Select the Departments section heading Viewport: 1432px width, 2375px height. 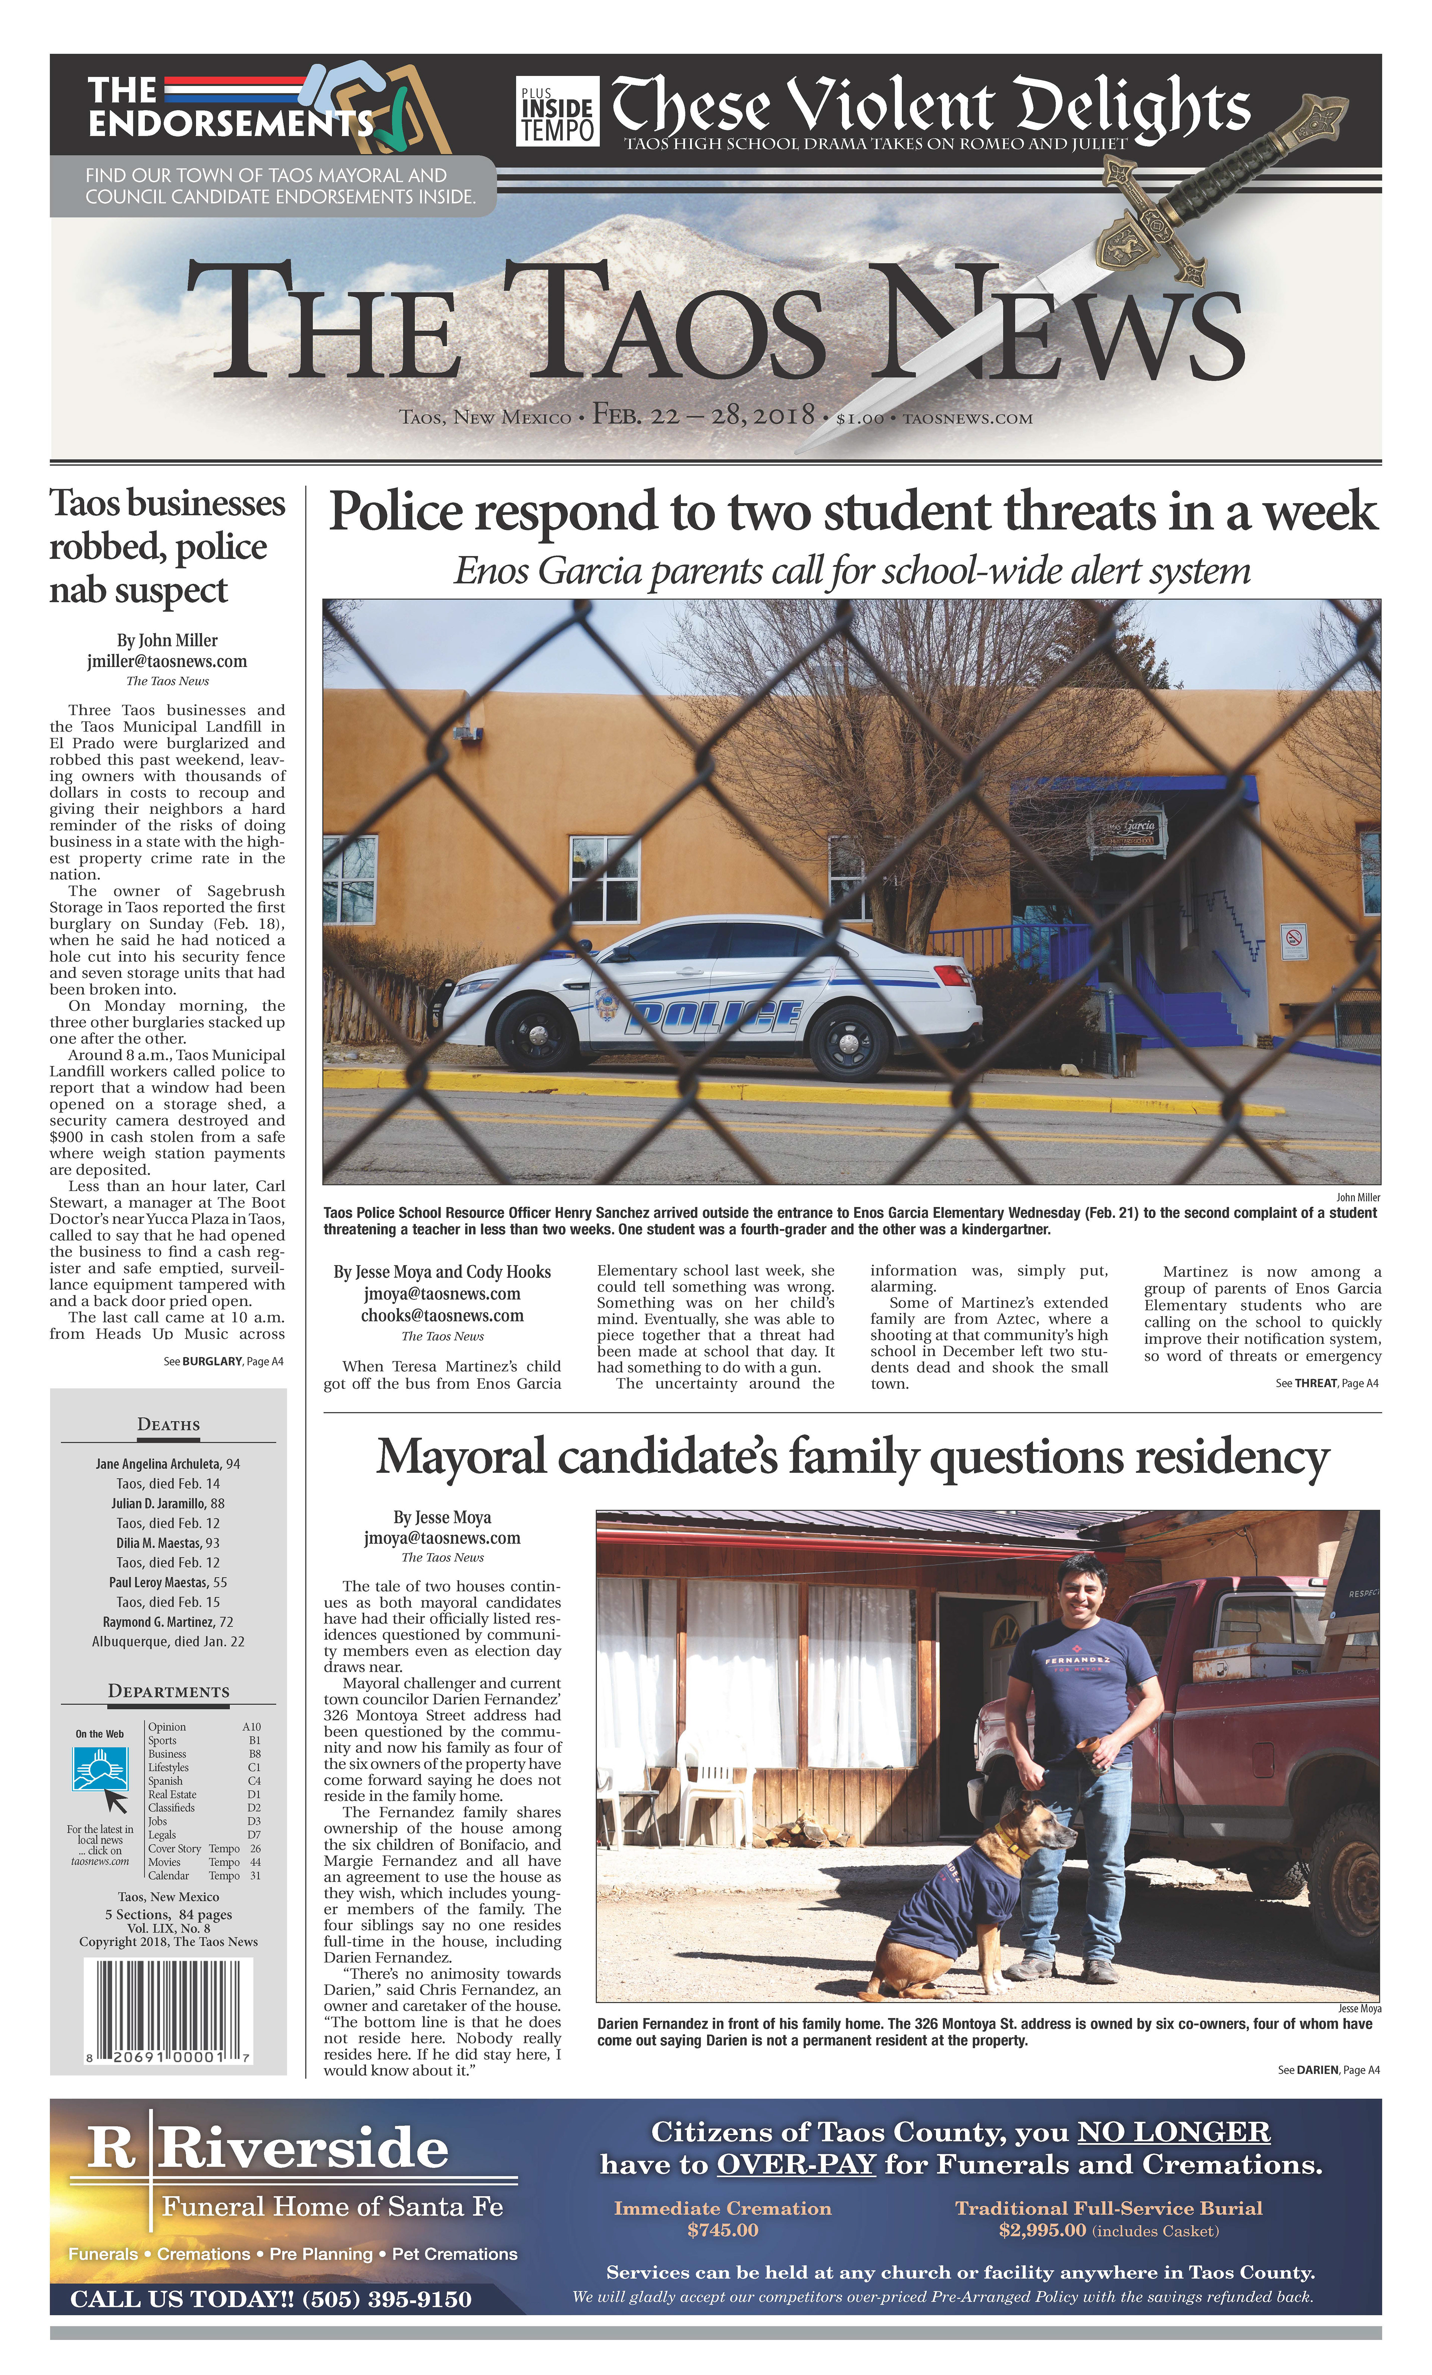(x=169, y=1692)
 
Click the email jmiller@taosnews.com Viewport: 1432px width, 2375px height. (x=167, y=661)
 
